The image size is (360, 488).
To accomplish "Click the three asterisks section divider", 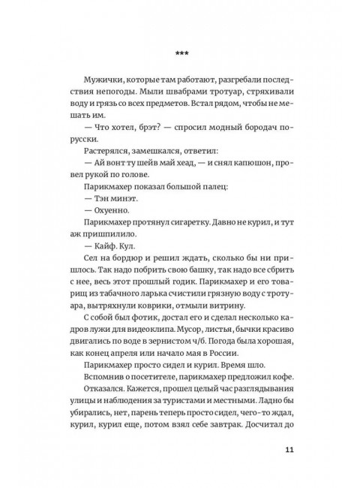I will pos(180,53).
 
